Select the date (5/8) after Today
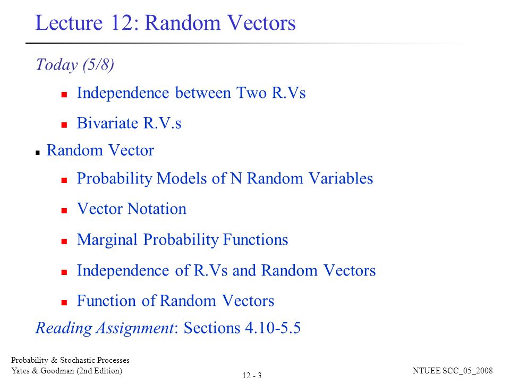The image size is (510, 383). [98, 65]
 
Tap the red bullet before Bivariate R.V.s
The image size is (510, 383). [64, 125]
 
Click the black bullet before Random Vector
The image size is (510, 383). [38, 152]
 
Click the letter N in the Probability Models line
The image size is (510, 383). [235, 179]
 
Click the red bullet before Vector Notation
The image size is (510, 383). [64, 211]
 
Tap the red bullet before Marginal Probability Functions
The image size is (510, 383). [64, 242]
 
